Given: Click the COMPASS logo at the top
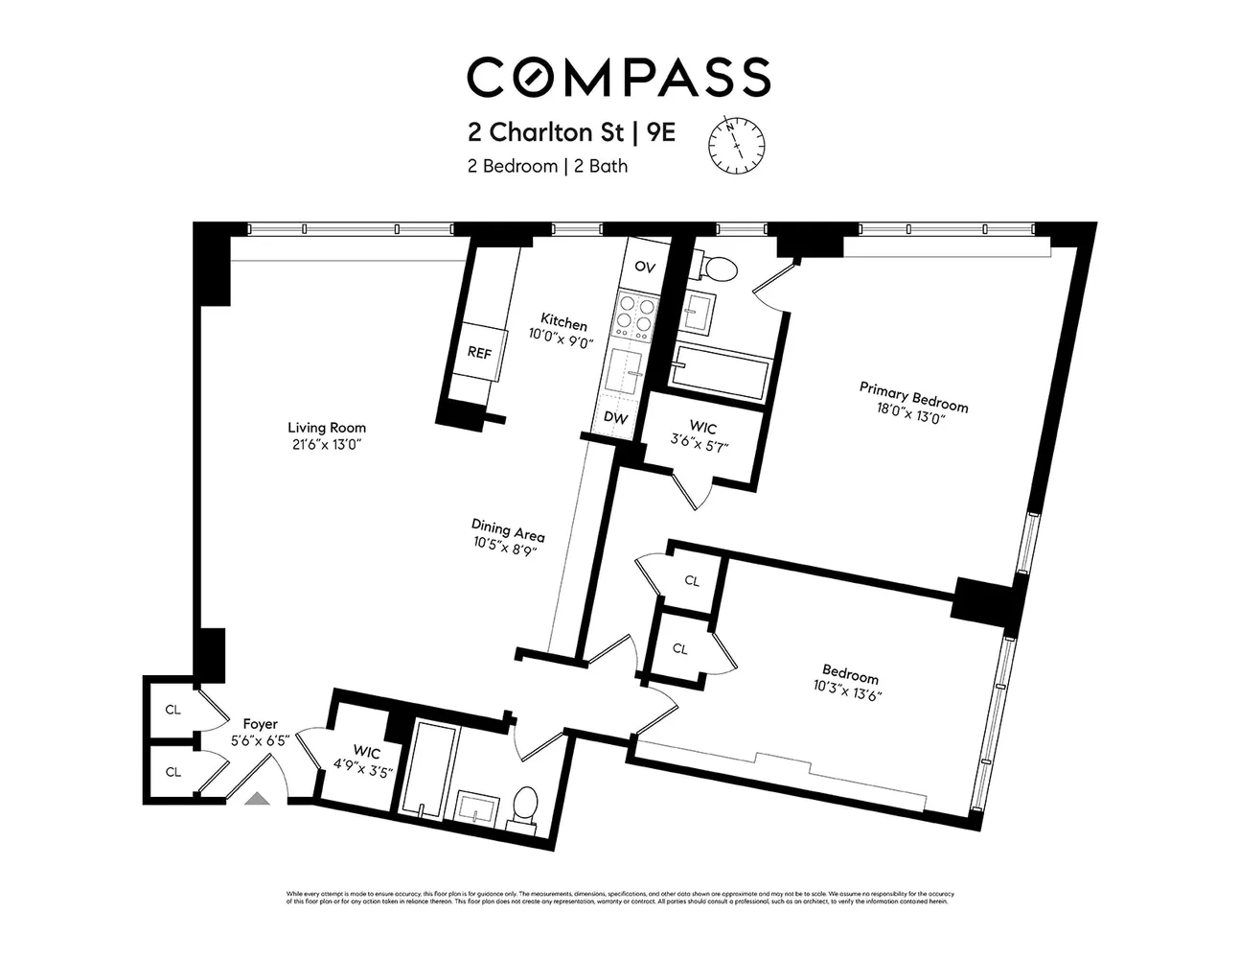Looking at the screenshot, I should (x=618, y=77).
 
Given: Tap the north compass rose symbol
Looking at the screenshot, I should (x=737, y=144).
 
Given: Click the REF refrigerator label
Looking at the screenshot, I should (x=479, y=353).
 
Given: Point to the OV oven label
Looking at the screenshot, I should (x=645, y=268).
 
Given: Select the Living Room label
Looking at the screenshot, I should (x=327, y=428).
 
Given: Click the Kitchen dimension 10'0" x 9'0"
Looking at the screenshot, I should (x=562, y=336).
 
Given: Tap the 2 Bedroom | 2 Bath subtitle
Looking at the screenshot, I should (x=547, y=166).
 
